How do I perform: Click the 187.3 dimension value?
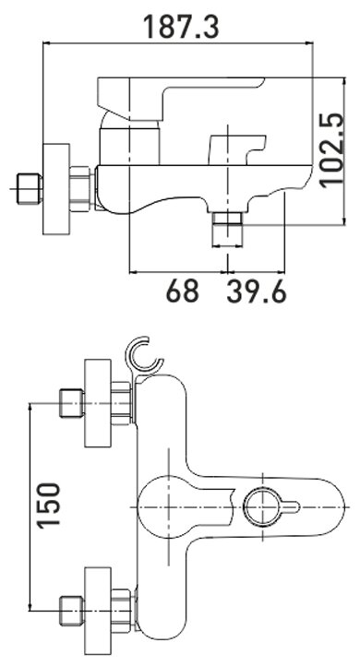[181, 27]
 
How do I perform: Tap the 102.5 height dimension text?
[331, 150]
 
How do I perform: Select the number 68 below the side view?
[183, 291]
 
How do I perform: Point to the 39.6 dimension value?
[257, 291]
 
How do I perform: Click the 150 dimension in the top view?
[48, 505]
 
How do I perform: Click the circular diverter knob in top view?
[263, 507]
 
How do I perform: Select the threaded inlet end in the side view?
[29, 188]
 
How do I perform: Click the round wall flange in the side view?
[56, 188]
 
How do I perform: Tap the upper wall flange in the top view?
[98, 403]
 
